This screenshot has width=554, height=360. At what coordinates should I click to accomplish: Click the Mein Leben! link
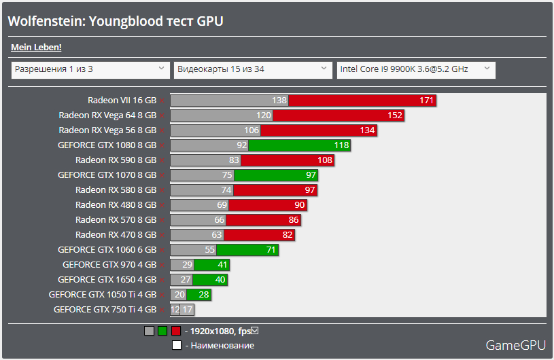[x=36, y=47]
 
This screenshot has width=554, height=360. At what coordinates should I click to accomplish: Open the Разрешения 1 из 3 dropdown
[x=90, y=69]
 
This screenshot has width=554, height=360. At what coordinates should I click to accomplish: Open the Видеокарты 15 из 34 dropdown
[x=253, y=69]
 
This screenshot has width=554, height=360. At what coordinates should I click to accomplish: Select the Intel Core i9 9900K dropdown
[x=416, y=69]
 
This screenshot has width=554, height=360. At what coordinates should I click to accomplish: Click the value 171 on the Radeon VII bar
[x=426, y=101]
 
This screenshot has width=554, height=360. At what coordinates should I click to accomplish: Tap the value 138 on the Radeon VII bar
[x=279, y=101]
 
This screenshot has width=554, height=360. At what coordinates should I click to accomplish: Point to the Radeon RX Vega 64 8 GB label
[x=107, y=115]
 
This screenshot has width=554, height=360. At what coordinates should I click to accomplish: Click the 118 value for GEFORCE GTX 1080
[x=341, y=145]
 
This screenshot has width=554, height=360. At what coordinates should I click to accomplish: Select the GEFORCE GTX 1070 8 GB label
[x=107, y=175]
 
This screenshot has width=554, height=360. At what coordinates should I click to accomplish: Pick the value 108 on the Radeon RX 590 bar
[x=325, y=160]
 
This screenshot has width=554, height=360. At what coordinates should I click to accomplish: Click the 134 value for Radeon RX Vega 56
[x=367, y=130]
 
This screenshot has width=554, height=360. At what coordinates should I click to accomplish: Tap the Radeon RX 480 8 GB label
[x=116, y=205]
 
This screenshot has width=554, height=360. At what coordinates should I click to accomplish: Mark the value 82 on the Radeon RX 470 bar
[x=287, y=235]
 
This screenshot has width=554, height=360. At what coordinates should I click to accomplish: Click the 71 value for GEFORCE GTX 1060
[x=271, y=250]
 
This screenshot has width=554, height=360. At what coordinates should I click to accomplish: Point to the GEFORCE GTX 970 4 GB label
[x=109, y=265]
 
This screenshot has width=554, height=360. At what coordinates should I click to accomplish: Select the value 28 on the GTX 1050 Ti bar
[x=204, y=295]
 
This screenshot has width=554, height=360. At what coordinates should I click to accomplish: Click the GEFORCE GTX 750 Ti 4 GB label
[x=105, y=310]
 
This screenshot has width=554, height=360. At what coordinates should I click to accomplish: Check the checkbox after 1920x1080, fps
[x=255, y=331]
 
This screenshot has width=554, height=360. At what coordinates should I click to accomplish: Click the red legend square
[x=176, y=331]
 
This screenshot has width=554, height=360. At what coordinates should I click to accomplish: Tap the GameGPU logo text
[x=515, y=345]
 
